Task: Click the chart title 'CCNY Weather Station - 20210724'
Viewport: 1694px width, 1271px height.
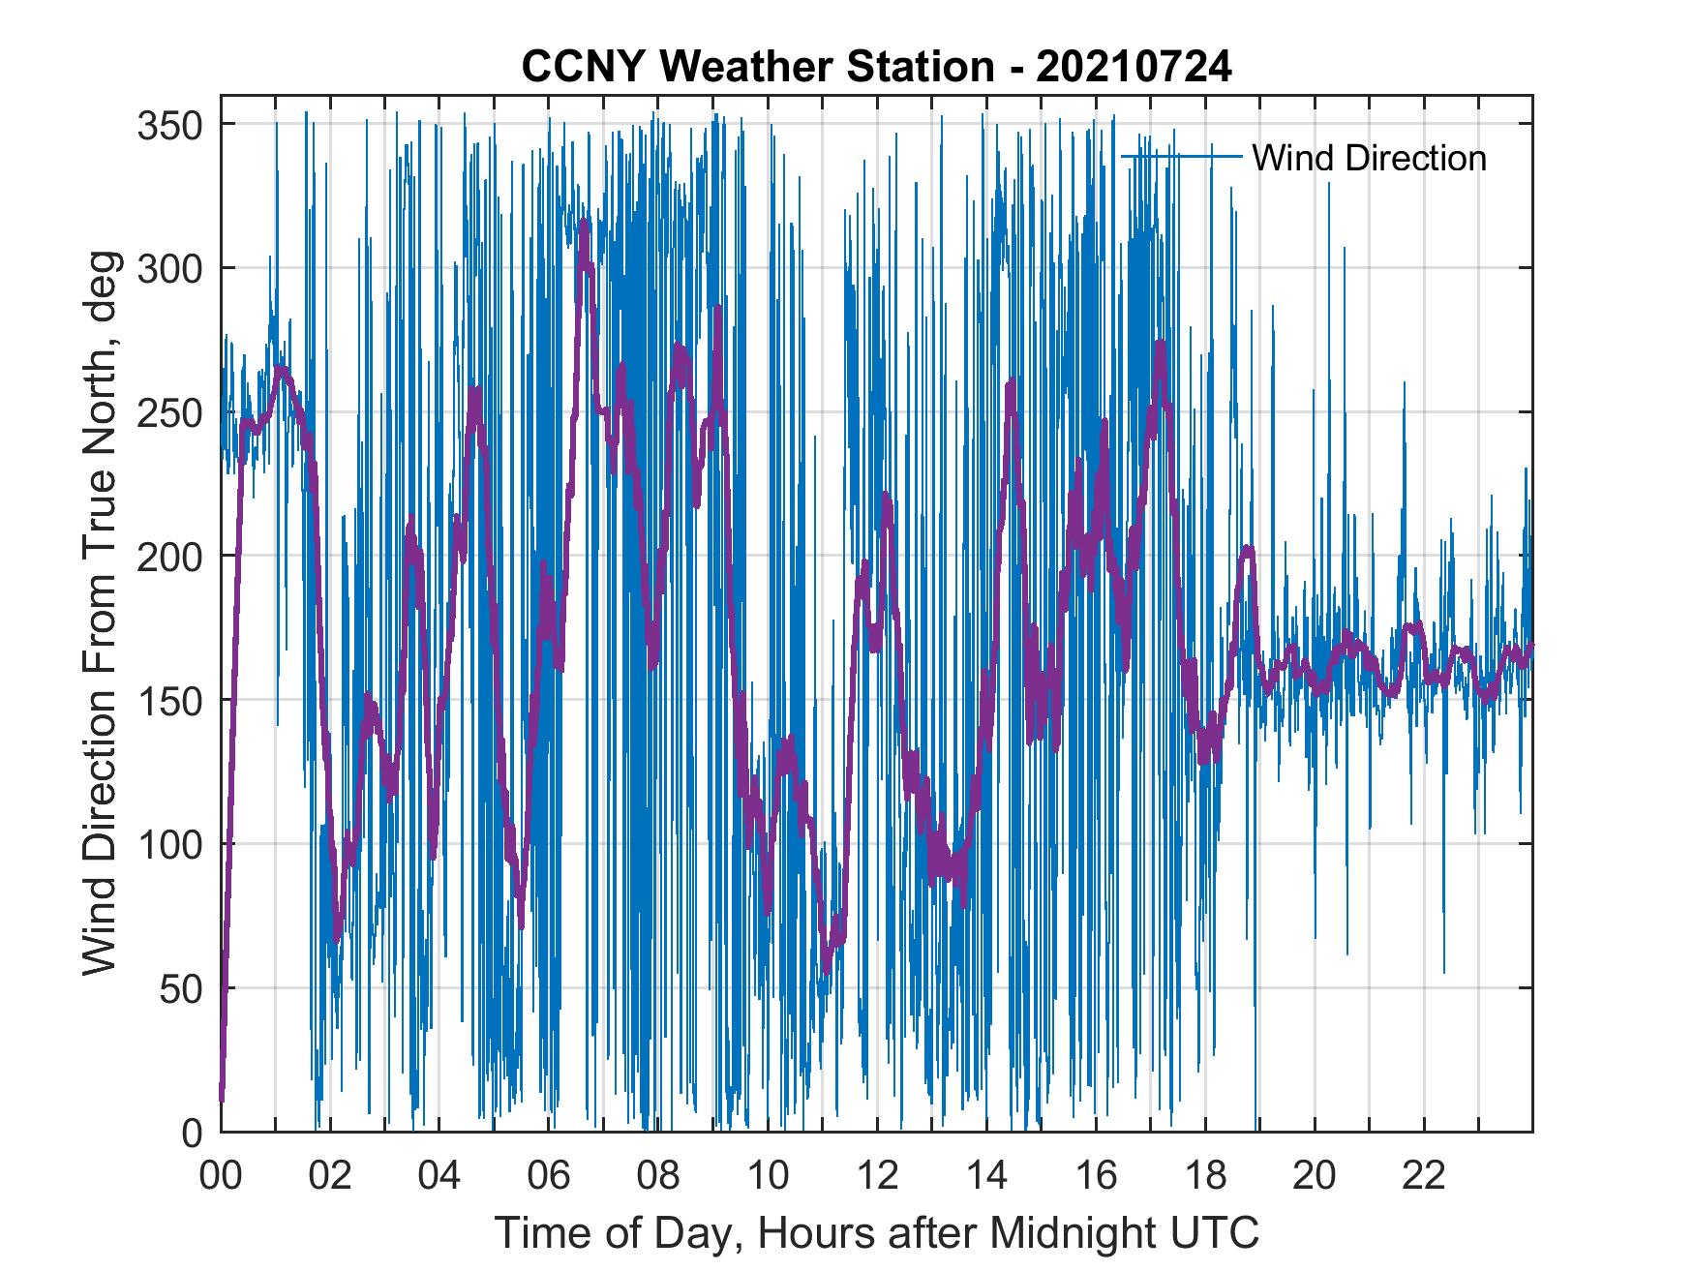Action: pyautogui.click(x=876, y=67)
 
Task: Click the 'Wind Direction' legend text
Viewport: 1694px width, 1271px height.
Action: pyautogui.click(x=1369, y=158)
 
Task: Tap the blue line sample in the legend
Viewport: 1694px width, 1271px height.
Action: pyautogui.click(x=1181, y=157)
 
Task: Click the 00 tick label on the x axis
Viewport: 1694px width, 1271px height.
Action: pyautogui.click(x=221, y=1176)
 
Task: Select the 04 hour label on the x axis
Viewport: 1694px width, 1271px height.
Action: pyautogui.click(x=439, y=1176)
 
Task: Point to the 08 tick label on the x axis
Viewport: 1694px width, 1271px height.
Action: pyautogui.click(x=658, y=1176)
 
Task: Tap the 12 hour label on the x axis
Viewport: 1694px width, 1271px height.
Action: pyautogui.click(x=877, y=1176)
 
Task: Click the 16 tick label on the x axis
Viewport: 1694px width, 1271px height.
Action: pyautogui.click(x=1096, y=1176)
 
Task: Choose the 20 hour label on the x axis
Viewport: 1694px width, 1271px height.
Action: pyautogui.click(x=1315, y=1176)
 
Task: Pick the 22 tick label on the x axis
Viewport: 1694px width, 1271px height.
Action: pyautogui.click(x=1424, y=1176)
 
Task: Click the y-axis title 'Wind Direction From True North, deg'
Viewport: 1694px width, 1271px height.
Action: pyautogui.click(x=99, y=613)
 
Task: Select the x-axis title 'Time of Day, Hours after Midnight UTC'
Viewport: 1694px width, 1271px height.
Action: pyautogui.click(x=877, y=1233)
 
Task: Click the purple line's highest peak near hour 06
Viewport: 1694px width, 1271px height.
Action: pyautogui.click(x=584, y=225)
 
